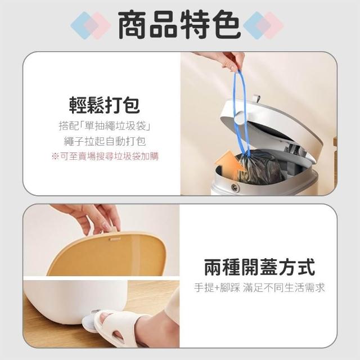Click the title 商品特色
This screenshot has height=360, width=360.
(x=179, y=24)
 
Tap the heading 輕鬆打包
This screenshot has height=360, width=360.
(x=105, y=105)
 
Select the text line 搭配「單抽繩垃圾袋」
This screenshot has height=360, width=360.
(x=105, y=126)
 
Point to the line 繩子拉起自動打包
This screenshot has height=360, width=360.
(x=105, y=141)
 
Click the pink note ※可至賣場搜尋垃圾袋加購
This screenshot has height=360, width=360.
(x=105, y=156)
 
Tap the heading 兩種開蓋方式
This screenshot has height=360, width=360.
(x=259, y=267)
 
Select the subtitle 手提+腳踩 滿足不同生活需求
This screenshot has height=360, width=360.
(x=259, y=287)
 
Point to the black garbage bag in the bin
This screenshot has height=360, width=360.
(x=259, y=166)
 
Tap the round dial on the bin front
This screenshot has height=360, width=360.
(x=235, y=187)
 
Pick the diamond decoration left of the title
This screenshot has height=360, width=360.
(x=91, y=25)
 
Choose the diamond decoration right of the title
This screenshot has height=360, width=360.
(x=263, y=25)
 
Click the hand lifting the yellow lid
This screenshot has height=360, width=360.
(x=92, y=218)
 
